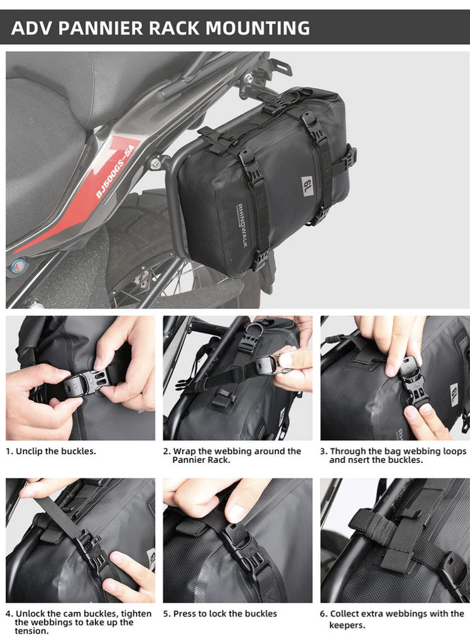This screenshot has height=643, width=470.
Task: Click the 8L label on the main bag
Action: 308,186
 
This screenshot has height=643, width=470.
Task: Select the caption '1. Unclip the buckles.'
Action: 51,451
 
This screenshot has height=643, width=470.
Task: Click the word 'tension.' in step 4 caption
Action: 32,630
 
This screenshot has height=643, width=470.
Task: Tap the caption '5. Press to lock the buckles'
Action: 220,613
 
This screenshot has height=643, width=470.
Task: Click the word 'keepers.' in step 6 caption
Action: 347,625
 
